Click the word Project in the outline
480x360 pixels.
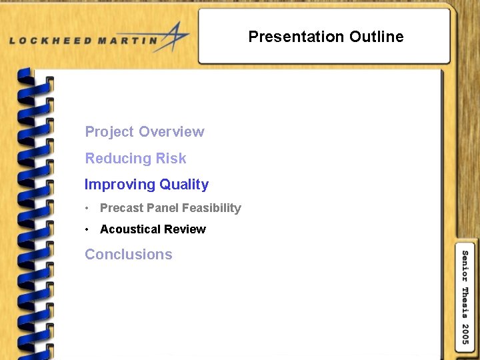109,132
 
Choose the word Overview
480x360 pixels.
171,132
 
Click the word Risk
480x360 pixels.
171,159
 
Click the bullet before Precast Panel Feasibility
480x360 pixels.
87,208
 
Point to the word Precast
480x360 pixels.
121,208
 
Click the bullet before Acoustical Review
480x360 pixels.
87,229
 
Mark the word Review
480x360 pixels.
187,229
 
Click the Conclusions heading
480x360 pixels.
129,255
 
